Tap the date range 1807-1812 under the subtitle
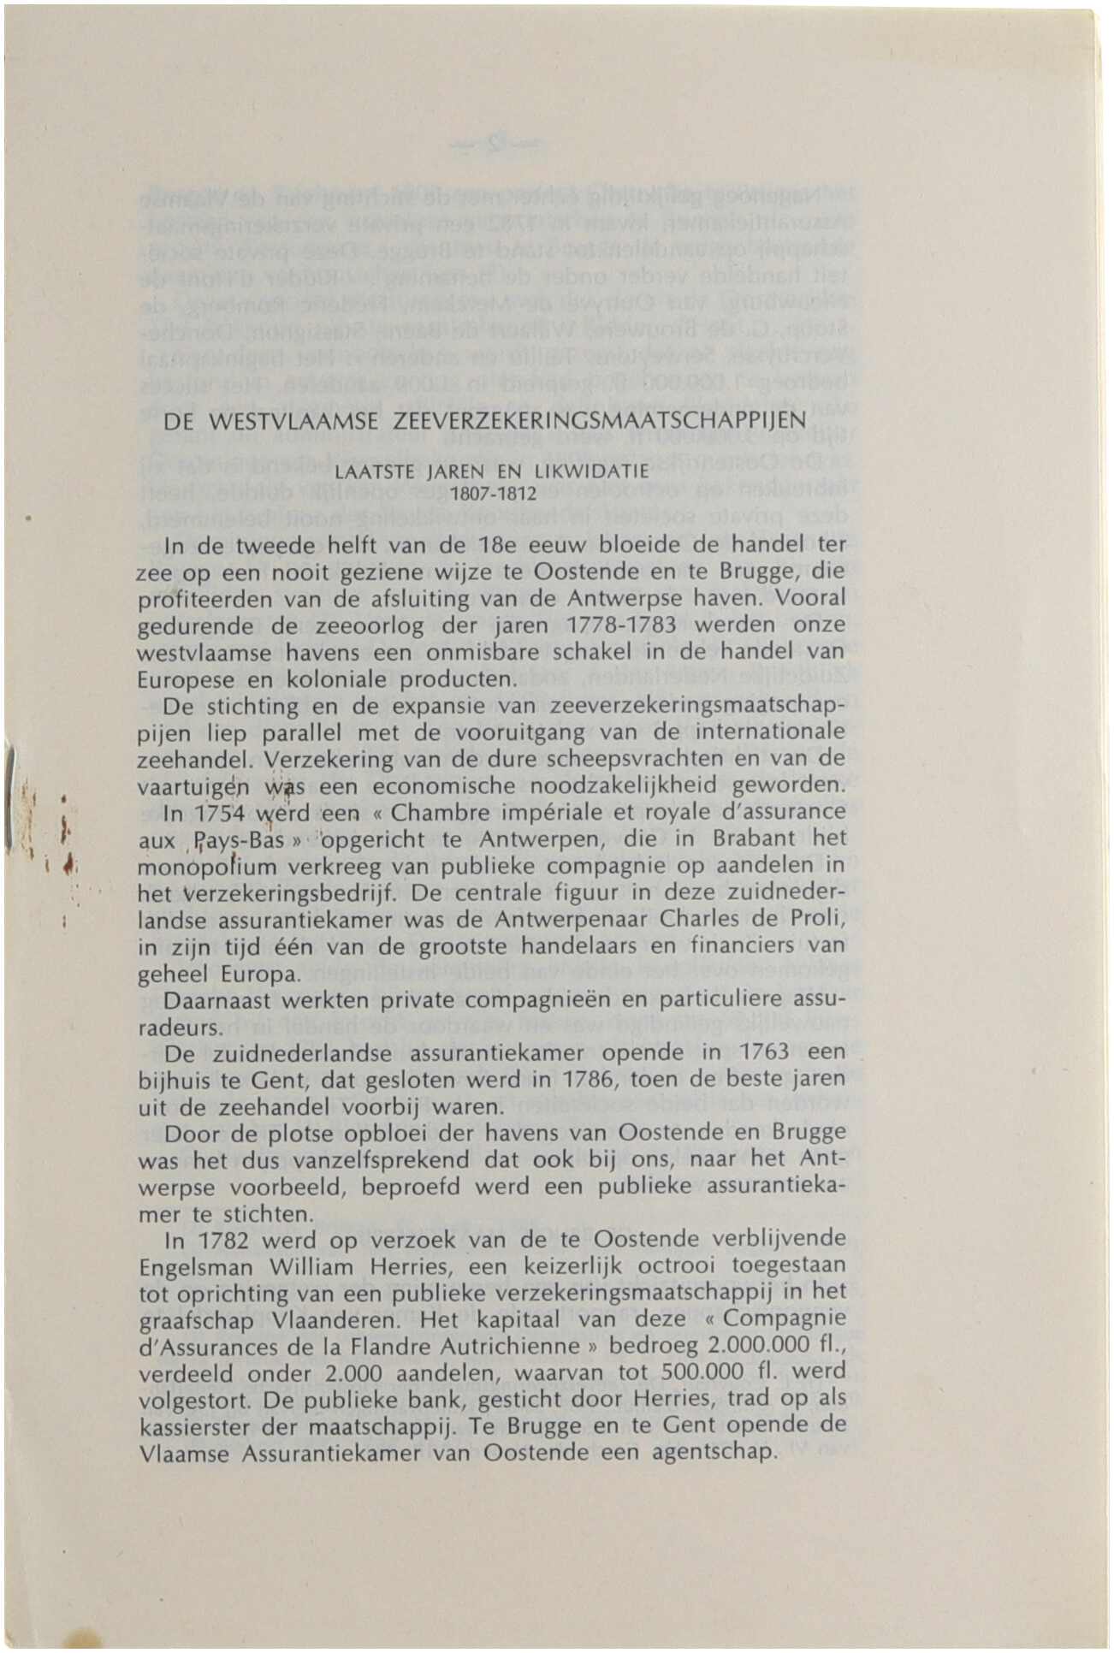(x=493, y=495)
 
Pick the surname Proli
(x=820, y=920)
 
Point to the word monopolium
(x=204, y=866)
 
